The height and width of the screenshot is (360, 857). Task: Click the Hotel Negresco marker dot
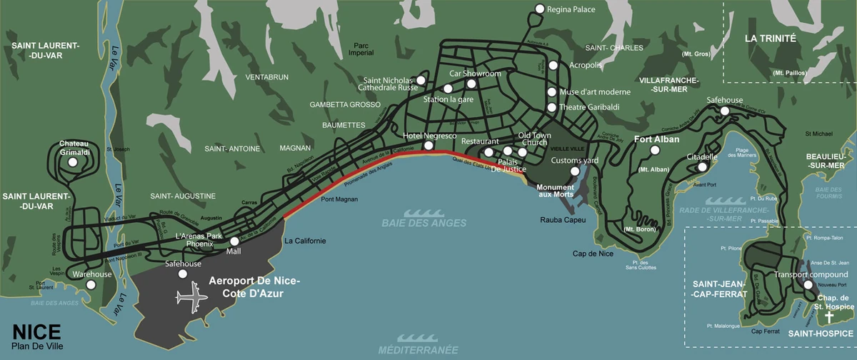point(428,146)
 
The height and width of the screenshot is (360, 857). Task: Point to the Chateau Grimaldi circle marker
point(73,163)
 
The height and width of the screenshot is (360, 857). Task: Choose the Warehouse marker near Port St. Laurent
point(91,285)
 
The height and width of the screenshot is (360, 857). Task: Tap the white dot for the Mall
point(234,241)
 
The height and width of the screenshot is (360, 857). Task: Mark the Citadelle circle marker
point(703,167)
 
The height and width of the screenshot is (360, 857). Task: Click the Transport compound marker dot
point(808,285)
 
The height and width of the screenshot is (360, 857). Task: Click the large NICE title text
point(36,333)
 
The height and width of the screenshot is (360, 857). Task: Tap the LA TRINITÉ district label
point(770,39)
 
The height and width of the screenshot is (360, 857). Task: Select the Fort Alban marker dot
point(654,151)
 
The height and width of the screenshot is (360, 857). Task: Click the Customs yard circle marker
point(575,171)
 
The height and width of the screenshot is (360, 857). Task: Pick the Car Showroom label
point(475,74)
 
